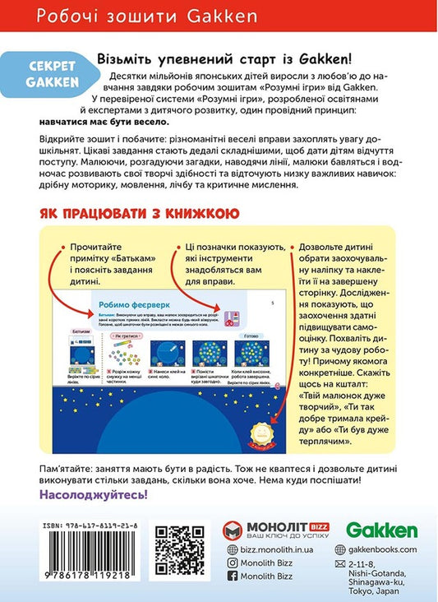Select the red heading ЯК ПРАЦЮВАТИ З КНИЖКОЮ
(x=139, y=214)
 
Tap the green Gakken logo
(x=381, y=530)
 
